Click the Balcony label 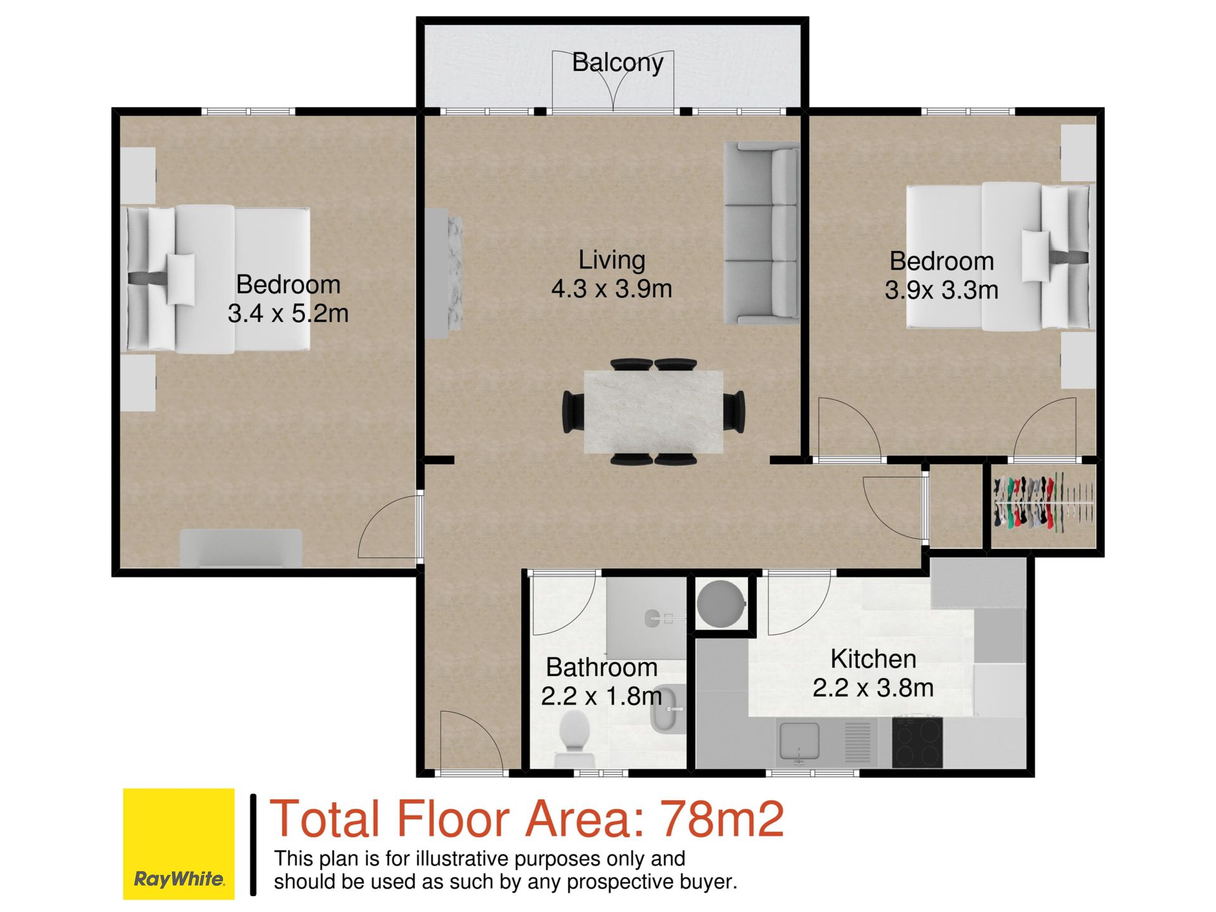click(x=617, y=63)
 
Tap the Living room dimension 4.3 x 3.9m click(x=611, y=289)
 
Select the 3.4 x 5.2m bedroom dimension click(x=288, y=313)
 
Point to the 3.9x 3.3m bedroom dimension click(x=942, y=291)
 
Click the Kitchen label click(x=873, y=659)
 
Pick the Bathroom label click(x=602, y=668)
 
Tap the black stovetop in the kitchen click(x=917, y=742)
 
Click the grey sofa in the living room click(x=761, y=234)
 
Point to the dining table click(x=654, y=412)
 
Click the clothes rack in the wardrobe click(x=1043, y=503)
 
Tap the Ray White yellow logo click(x=179, y=844)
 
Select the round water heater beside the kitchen click(x=721, y=604)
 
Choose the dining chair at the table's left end click(x=574, y=412)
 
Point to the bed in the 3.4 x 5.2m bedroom click(x=218, y=279)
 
